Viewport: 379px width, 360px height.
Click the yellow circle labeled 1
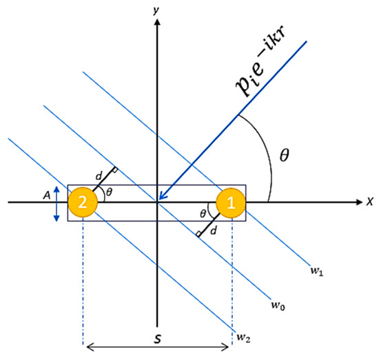point(232,203)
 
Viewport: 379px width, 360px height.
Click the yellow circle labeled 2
point(82,203)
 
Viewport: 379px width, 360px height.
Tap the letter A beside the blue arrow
point(47,196)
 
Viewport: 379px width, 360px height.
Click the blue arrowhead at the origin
point(163,198)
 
